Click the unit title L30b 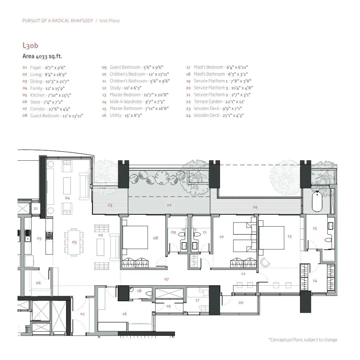click(x=30, y=46)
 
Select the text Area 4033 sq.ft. click(x=42, y=57)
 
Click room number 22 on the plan click(x=169, y=205)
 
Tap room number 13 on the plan click(x=289, y=237)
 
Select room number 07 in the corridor click(x=167, y=279)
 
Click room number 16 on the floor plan click(x=124, y=314)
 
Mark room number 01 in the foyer click(x=82, y=314)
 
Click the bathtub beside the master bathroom click(x=317, y=202)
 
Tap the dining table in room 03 click(x=74, y=242)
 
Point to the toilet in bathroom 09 click(x=181, y=234)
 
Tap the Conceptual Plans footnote click(x=303, y=340)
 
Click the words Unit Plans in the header click(x=109, y=21)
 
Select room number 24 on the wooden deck click(x=255, y=207)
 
